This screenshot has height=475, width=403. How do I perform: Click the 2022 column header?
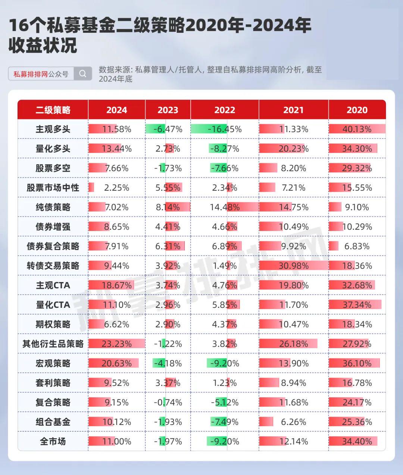point(225,110)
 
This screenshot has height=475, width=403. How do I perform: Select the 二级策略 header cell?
point(53,110)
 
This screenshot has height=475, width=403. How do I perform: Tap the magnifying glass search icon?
point(83,74)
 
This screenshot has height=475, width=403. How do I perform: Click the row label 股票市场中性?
point(53,188)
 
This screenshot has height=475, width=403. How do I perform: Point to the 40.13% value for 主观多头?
point(357,129)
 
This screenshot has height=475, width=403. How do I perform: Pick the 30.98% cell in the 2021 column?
point(293,266)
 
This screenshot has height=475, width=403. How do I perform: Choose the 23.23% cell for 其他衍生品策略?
point(116,344)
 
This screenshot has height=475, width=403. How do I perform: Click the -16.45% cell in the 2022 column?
point(224,129)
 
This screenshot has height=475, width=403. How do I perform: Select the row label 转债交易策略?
point(53,266)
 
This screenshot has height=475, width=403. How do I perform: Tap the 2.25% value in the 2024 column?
point(116,188)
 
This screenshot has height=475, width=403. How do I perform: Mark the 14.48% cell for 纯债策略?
point(225,207)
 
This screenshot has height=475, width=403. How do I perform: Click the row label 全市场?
point(53,441)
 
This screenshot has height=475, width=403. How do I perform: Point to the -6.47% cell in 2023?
point(168,129)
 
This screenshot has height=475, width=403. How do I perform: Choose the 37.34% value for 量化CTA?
point(357,305)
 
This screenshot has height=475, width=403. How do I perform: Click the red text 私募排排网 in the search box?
point(31,74)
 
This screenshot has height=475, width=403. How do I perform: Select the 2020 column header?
point(357,110)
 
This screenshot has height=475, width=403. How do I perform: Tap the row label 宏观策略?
point(53,363)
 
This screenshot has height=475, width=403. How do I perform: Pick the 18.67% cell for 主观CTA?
point(116,285)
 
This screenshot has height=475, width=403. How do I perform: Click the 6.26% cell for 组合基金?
point(293,422)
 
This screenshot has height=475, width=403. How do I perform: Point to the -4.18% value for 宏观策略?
point(168,363)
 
